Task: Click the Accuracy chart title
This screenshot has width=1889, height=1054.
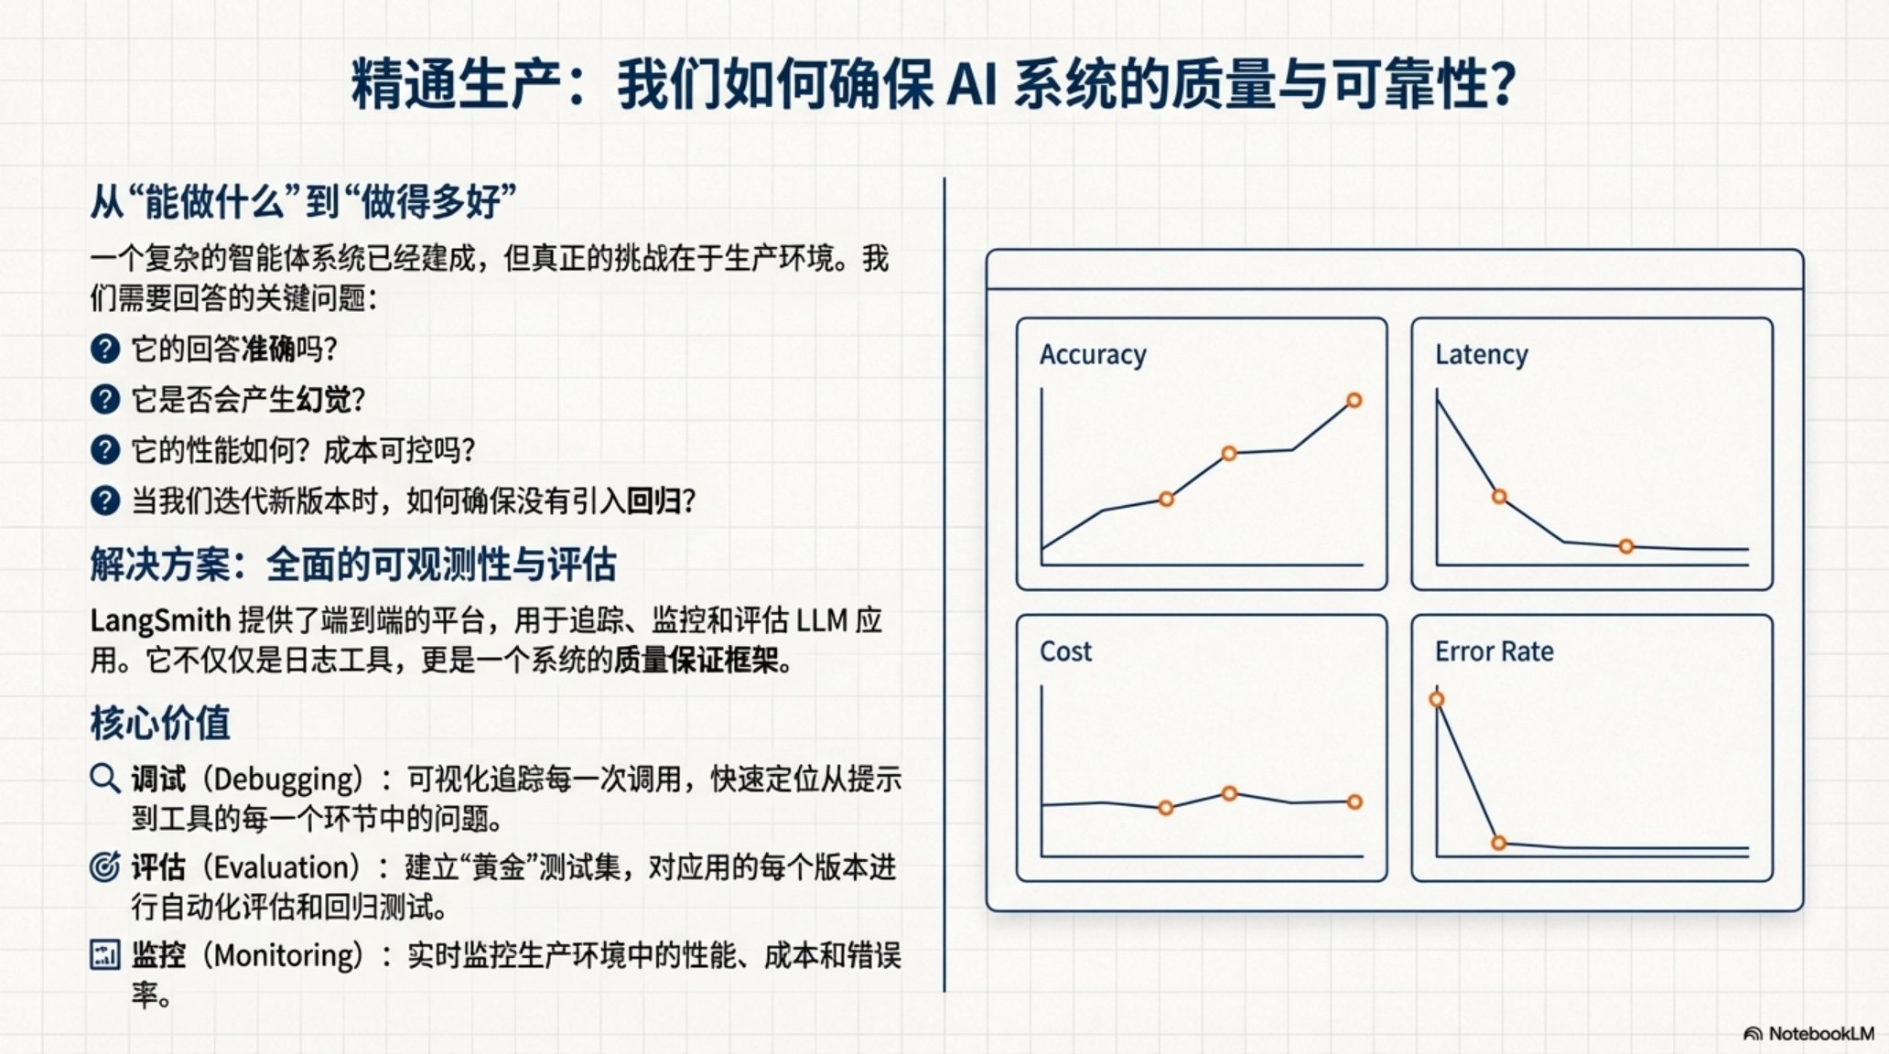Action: [x=1093, y=355]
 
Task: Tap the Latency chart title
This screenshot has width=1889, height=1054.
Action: [x=1482, y=354]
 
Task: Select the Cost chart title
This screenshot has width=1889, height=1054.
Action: [x=1065, y=651]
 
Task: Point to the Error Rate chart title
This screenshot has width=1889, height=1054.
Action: [x=1494, y=651]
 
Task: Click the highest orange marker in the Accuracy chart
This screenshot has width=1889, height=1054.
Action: [x=1355, y=400]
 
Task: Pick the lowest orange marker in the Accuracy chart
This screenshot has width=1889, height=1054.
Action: [x=1166, y=500]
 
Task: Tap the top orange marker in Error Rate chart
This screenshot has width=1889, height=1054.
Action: [x=1437, y=700]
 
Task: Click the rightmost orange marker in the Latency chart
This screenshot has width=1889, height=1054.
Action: [x=1626, y=546]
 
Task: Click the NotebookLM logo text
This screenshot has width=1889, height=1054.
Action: [x=1821, y=1034]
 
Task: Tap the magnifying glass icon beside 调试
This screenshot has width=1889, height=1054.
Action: [x=105, y=779]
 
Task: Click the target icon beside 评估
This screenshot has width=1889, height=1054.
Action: [x=104, y=866]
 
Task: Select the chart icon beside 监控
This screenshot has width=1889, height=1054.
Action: [x=104, y=954]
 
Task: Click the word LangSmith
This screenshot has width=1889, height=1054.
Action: [x=160, y=621]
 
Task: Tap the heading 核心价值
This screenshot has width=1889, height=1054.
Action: [x=160, y=723]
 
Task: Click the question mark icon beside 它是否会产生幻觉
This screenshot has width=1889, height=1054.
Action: [x=105, y=399]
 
